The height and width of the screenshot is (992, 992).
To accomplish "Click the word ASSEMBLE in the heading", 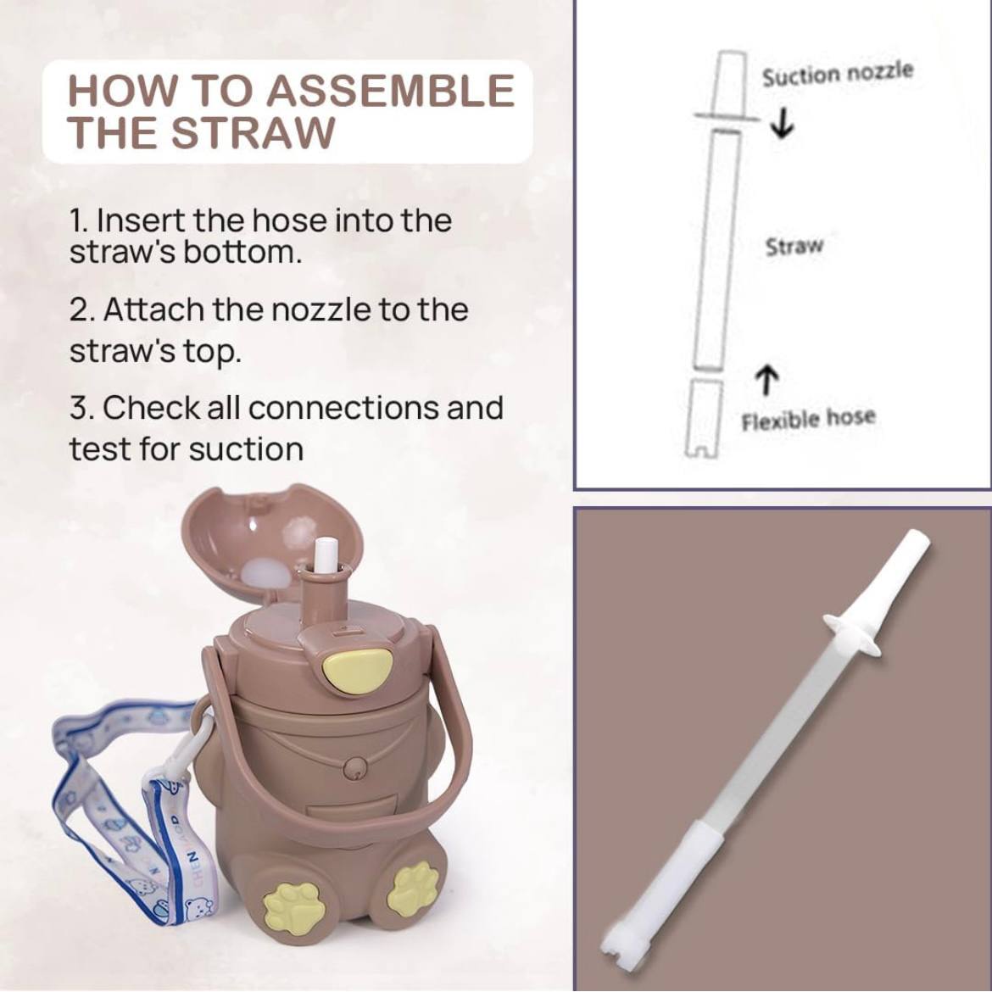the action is [390, 91].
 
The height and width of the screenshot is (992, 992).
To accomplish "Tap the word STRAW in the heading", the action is [253, 132].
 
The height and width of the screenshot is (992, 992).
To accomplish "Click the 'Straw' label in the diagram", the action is [794, 246].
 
